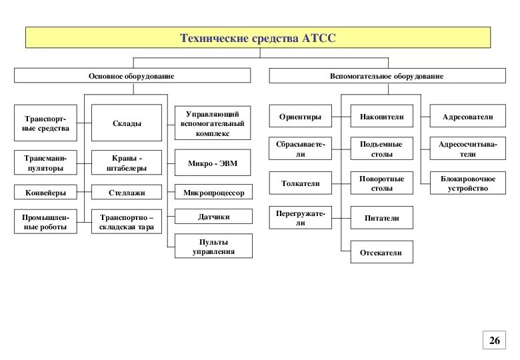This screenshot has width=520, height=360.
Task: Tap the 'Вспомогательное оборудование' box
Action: coord(386,76)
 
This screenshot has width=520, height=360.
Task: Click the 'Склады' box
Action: coord(127,123)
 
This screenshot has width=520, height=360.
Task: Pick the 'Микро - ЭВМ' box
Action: coord(214,162)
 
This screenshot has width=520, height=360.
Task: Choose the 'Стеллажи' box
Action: coord(127,193)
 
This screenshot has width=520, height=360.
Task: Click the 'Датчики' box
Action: coord(214,217)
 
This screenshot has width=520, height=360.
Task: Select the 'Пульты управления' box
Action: coord(214,247)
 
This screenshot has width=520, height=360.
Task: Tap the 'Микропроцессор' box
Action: coord(214,193)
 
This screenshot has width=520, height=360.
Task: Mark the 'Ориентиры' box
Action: coord(301,117)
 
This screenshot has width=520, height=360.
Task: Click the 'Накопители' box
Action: coord(382,117)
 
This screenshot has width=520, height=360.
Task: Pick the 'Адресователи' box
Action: coord(467,117)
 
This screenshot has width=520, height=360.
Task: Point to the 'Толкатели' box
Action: coord(301,182)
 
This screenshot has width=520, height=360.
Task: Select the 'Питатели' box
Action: coord(382,217)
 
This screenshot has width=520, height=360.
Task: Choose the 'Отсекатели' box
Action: coord(382,253)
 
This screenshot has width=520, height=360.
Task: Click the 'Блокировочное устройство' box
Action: coord(467,183)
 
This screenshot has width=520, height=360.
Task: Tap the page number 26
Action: coord(494,341)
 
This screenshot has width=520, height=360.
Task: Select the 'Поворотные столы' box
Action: coord(382,183)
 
